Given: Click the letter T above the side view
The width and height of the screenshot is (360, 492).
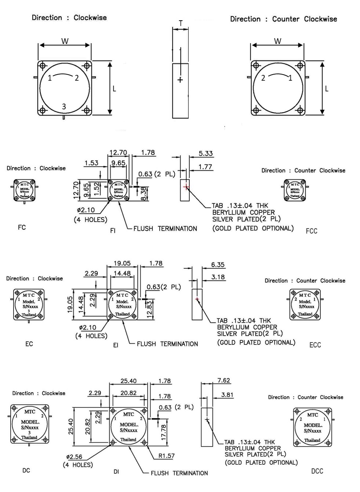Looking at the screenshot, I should click(x=181, y=23).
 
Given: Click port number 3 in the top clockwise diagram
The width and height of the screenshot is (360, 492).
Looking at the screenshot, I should click(x=64, y=106).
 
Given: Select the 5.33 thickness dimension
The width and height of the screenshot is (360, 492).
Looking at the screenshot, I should click(x=206, y=153).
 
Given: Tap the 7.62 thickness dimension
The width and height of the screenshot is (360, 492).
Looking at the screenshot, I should click(x=223, y=380).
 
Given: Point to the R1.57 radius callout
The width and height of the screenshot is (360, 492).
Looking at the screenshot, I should click(x=166, y=456).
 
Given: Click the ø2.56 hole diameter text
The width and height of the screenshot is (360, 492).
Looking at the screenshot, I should click(x=74, y=457).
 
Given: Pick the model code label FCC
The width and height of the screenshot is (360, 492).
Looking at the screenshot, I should click(x=311, y=231).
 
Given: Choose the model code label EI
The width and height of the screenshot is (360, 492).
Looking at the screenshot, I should click(x=116, y=346).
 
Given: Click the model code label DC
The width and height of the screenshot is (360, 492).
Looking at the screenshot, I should click(x=26, y=470).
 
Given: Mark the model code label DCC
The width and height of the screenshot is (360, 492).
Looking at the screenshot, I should click(x=317, y=471).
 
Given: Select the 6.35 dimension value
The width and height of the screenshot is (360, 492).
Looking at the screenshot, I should click(x=218, y=265).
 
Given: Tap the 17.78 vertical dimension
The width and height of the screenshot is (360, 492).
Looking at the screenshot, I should click(x=163, y=433).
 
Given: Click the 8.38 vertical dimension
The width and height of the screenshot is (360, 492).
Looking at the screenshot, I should click(x=144, y=193).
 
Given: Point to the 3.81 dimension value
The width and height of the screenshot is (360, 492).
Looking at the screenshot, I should click(x=227, y=395).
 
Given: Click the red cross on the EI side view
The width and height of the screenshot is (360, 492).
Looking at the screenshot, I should click(x=197, y=299).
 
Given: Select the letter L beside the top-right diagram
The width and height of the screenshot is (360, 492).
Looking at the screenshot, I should click(x=326, y=88).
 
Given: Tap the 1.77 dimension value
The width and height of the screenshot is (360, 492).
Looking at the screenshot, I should click(x=205, y=167).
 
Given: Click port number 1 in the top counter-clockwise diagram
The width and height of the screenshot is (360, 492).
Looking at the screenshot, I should click(x=290, y=78).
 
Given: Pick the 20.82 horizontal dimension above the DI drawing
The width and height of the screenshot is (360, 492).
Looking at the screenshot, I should click(x=128, y=393).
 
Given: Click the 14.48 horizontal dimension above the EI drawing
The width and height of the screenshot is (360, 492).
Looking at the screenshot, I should click(x=122, y=273).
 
